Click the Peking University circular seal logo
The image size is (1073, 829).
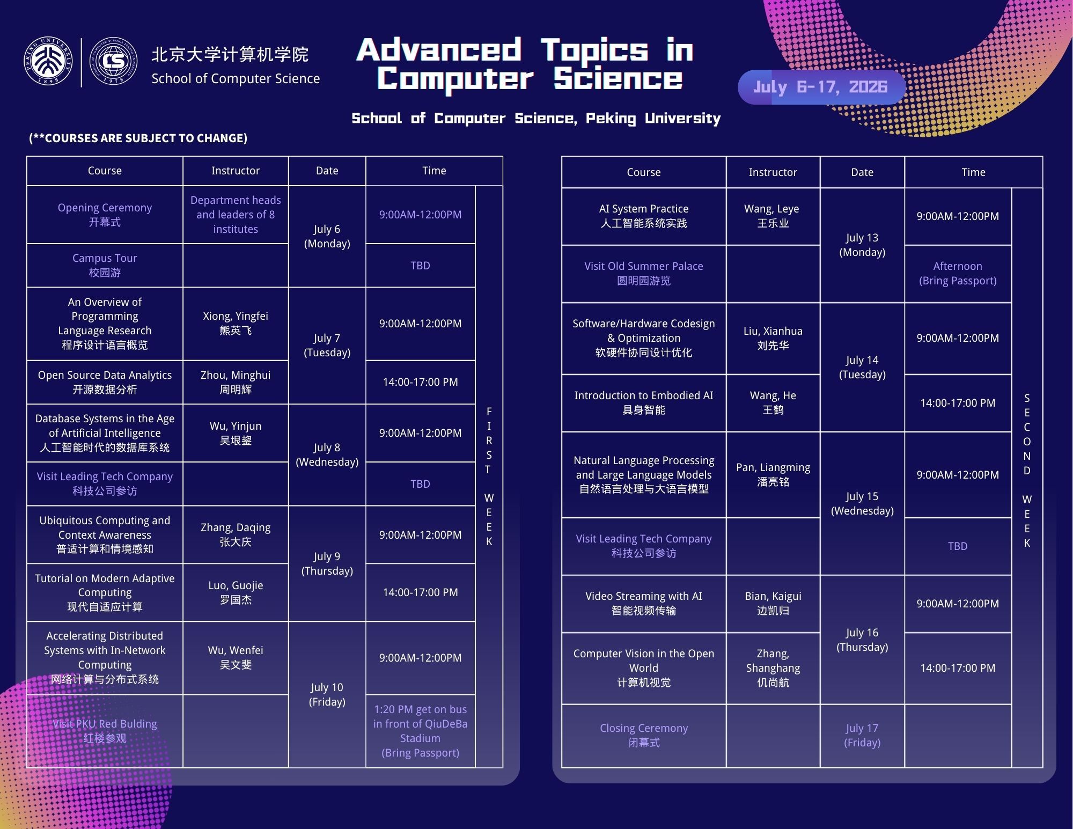click(48, 62)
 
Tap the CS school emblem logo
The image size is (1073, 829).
click(113, 62)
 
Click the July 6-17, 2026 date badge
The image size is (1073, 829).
click(821, 87)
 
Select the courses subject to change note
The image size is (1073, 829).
click(138, 138)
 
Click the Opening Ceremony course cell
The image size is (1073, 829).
click(105, 215)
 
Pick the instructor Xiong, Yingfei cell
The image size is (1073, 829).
click(236, 324)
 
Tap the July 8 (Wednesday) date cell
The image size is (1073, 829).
click(327, 454)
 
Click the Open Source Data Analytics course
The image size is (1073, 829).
click(105, 382)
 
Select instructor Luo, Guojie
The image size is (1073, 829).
click(236, 592)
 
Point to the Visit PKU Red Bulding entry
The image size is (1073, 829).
click(105, 731)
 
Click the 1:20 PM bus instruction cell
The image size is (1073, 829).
click(420, 731)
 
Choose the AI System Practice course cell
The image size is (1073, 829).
click(644, 216)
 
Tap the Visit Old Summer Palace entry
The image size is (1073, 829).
click(644, 274)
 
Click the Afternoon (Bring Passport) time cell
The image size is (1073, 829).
click(958, 274)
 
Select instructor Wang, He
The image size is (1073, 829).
click(773, 403)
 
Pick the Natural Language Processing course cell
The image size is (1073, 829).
click(644, 475)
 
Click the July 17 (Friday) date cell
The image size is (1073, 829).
click(862, 736)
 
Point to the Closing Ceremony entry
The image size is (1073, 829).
click(644, 736)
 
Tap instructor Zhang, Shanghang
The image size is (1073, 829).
click(773, 668)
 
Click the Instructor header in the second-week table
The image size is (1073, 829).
click(773, 172)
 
